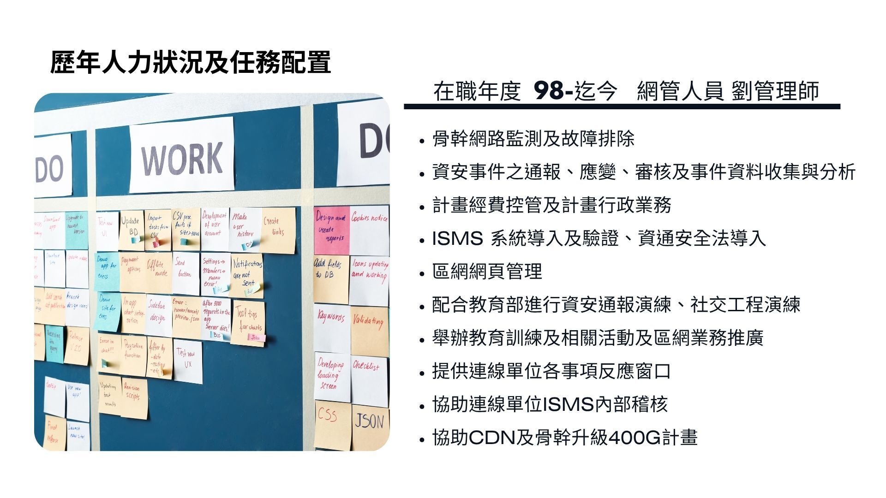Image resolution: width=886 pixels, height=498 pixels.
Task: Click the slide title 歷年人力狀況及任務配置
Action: tap(190, 63)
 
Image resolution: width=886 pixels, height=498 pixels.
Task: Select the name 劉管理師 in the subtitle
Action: tap(775, 91)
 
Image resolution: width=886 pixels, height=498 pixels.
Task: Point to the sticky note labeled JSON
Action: tap(370, 427)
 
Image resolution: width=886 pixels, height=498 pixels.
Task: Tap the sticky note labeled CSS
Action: tap(331, 423)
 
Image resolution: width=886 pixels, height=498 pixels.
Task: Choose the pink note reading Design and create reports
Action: tap(331, 230)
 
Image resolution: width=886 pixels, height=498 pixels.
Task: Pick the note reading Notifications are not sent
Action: tap(247, 275)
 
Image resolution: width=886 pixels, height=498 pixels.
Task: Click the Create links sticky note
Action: tap(278, 230)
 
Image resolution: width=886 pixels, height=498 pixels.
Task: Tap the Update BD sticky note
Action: tap(131, 229)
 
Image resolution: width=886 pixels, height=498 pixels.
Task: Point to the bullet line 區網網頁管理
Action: tap(487, 272)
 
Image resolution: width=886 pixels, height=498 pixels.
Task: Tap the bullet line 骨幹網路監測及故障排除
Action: tap(533, 139)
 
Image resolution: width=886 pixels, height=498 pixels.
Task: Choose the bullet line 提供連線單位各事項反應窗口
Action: tap(551, 371)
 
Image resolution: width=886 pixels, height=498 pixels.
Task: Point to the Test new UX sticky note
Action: tap(187, 361)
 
